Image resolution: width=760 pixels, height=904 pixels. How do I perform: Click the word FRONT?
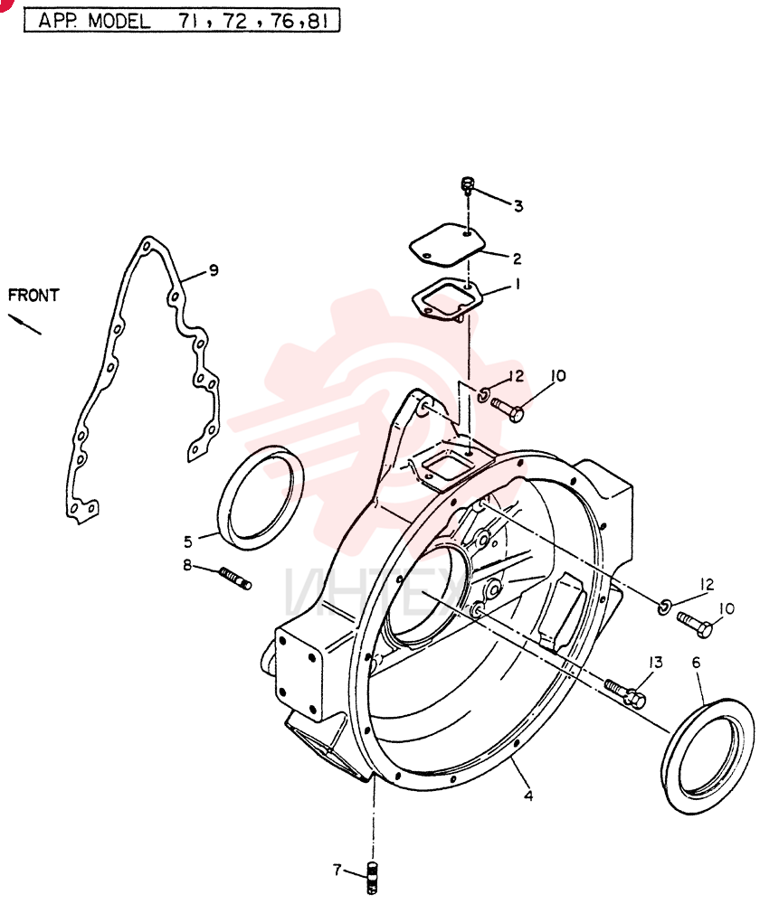33,296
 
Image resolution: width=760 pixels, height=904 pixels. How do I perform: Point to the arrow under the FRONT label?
24,324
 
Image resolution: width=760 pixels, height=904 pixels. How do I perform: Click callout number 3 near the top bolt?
518,206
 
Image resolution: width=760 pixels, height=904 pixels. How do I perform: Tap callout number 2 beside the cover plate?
517,259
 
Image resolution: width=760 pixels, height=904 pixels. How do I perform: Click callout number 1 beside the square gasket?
517,284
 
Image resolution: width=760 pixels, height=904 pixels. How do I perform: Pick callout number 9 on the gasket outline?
214,269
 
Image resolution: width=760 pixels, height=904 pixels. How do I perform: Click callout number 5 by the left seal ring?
188,541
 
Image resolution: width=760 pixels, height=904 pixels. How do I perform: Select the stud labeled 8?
235,579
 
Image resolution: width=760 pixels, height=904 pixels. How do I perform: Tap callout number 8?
187,566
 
